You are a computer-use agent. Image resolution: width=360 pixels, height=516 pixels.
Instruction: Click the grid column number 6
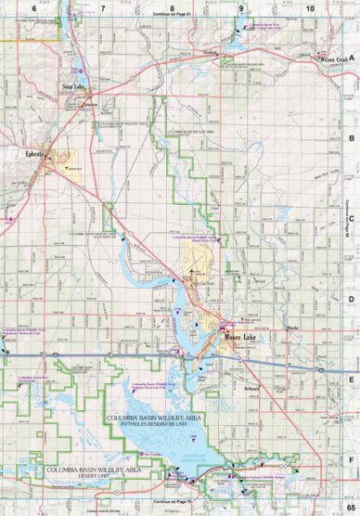pyautogui.click(x=33, y=7)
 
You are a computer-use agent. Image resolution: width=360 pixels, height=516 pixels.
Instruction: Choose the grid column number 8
pyautogui.click(x=172, y=7)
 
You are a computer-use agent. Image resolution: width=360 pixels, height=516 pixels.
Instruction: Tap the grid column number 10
pyautogui.click(x=309, y=7)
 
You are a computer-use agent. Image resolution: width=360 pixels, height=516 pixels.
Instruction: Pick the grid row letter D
pyautogui.click(x=351, y=299)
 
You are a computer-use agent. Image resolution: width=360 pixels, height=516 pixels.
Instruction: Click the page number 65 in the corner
pyautogui.click(x=350, y=508)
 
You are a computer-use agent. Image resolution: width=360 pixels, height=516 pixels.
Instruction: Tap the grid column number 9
pyautogui.click(x=241, y=7)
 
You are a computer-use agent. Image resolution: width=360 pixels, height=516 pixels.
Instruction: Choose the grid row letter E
pyautogui.click(x=351, y=379)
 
